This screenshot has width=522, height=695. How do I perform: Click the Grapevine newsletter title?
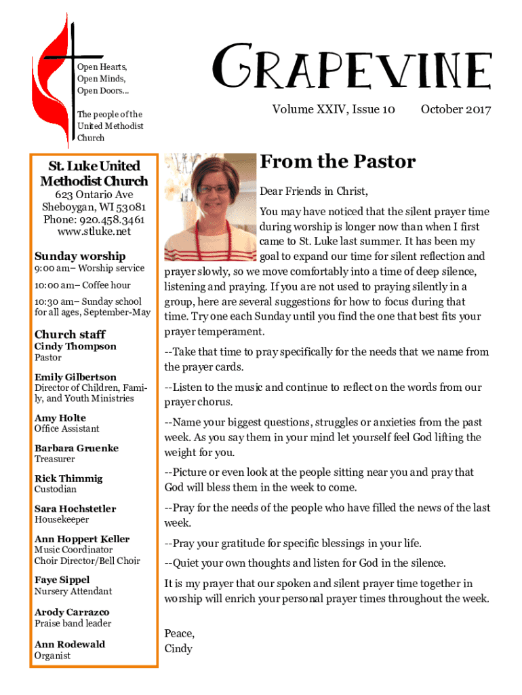(352, 68)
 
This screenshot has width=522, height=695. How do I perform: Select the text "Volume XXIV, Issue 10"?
(334, 109)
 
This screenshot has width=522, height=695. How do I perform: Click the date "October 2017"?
(456, 109)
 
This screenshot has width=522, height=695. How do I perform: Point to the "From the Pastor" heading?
(337, 162)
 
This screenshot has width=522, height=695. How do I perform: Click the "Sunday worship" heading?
(80, 256)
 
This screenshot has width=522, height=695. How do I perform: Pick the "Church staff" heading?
(70, 334)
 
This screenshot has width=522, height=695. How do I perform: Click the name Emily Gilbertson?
(75, 377)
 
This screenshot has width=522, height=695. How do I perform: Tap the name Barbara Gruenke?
(77, 448)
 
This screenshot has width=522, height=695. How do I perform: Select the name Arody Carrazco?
(72, 612)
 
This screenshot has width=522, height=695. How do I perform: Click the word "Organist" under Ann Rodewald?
(52, 656)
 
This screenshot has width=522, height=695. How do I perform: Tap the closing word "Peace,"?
(179, 633)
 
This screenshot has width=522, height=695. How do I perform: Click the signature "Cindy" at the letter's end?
(178, 648)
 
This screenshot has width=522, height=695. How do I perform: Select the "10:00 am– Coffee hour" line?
(83, 285)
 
